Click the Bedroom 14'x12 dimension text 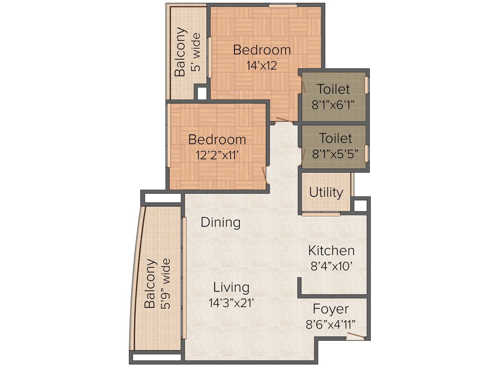[262, 65]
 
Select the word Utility [326, 192]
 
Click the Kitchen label [331, 251]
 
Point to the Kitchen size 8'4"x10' [331, 265]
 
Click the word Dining [220, 223]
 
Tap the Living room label [232, 287]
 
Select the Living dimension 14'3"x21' [232, 302]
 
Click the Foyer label [331, 309]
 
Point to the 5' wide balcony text [196, 52]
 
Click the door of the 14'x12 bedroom [284, 119]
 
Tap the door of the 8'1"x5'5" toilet [304, 156]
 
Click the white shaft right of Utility [361, 206]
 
